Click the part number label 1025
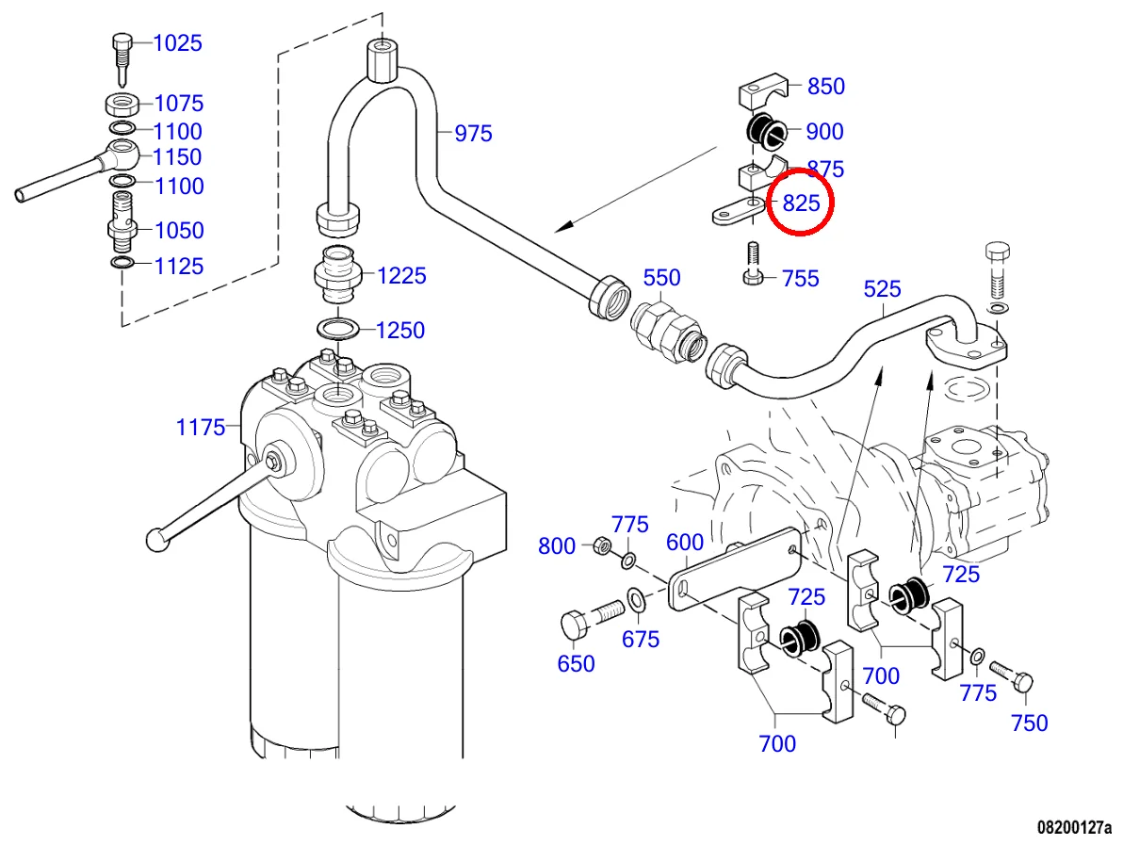pyautogui.click(x=178, y=43)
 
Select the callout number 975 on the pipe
pyautogui.click(x=473, y=134)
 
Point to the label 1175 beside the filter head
pyautogui.click(x=201, y=428)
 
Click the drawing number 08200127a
pyautogui.click(x=1074, y=827)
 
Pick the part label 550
pyautogui.click(x=661, y=278)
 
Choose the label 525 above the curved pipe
pyautogui.click(x=882, y=289)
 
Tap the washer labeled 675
pyautogui.click(x=636, y=596)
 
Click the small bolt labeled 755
pyautogui.click(x=753, y=264)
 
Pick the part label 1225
pyautogui.click(x=401, y=276)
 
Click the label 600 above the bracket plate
pyautogui.click(x=685, y=543)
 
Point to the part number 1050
pyautogui.click(x=178, y=231)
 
